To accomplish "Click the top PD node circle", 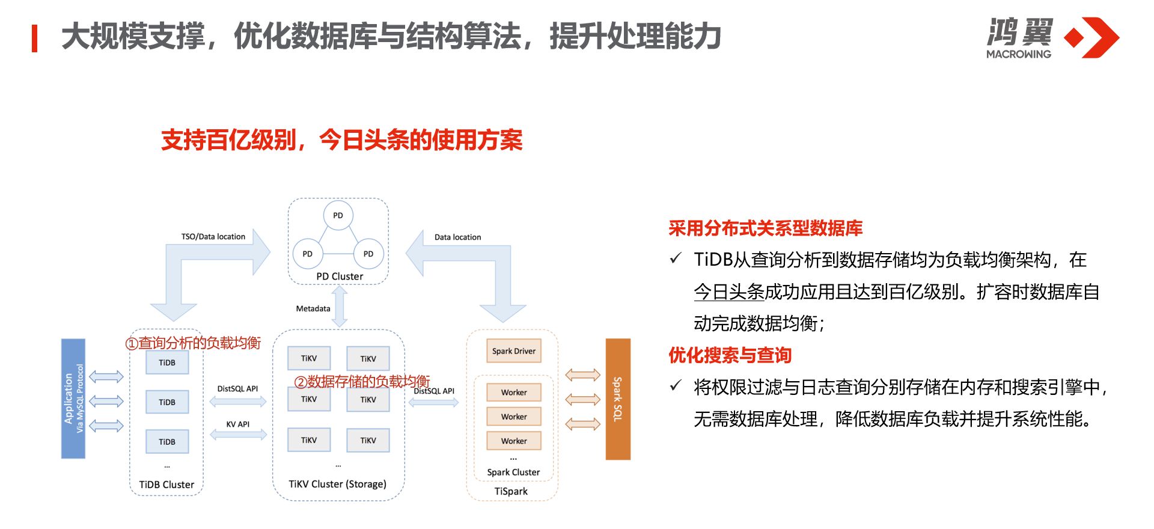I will (338, 215).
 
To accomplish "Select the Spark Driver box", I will (513, 351).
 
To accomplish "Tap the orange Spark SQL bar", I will (618, 399).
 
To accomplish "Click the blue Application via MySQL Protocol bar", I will (73, 399).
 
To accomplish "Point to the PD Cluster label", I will (340, 277).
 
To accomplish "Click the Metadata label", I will (313, 308).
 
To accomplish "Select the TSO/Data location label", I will (213, 237).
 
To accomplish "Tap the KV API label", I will (237, 424).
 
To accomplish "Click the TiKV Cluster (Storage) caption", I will (337, 484).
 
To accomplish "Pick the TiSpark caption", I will (511, 491).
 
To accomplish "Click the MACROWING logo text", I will (1019, 54).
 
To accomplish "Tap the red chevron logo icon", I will (1093, 37).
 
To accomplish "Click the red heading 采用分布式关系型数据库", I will (765, 228).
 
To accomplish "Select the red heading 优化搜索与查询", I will (730, 355).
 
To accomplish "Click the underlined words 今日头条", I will (728, 292).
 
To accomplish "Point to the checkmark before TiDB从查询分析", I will (676, 258).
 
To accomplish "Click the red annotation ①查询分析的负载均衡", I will (193, 343).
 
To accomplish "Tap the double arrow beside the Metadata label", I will (340, 307).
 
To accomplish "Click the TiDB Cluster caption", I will (166, 485).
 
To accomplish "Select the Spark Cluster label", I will (513, 472).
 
